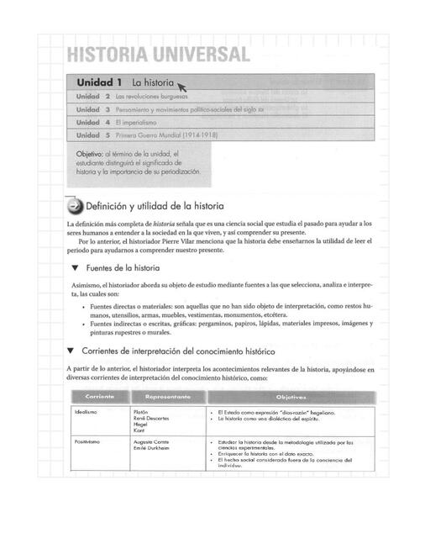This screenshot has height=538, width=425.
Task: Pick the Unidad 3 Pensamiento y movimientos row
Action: pos(168,109)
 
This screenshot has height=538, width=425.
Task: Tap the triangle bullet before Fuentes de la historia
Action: pos(75,268)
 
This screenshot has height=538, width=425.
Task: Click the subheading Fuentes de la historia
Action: pos(121,268)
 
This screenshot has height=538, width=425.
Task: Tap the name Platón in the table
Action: pos(141,413)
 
